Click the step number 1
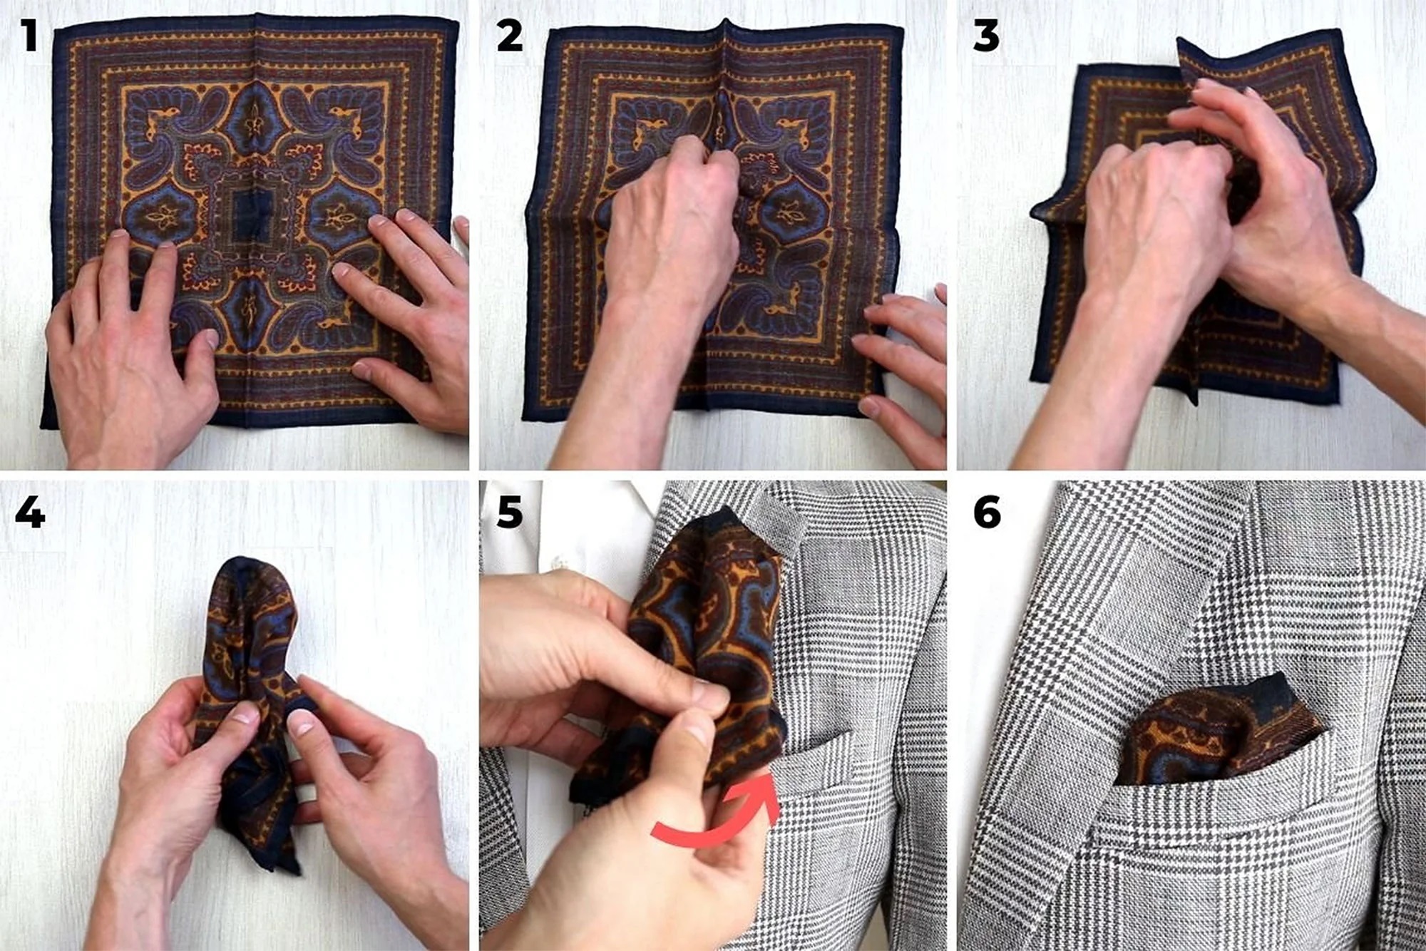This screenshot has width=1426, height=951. pyautogui.click(x=29, y=35)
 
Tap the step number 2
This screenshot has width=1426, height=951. pyautogui.click(x=509, y=35)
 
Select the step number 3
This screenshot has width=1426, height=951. pyautogui.click(x=986, y=35)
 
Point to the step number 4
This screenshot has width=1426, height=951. pyautogui.click(x=30, y=512)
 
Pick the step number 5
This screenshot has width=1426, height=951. pyautogui.click(x=509, y=512)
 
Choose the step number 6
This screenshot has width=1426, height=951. pyautogui.click(x=987, y=512)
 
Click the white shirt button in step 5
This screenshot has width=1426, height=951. pyautogui.click(x=560, y=563)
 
